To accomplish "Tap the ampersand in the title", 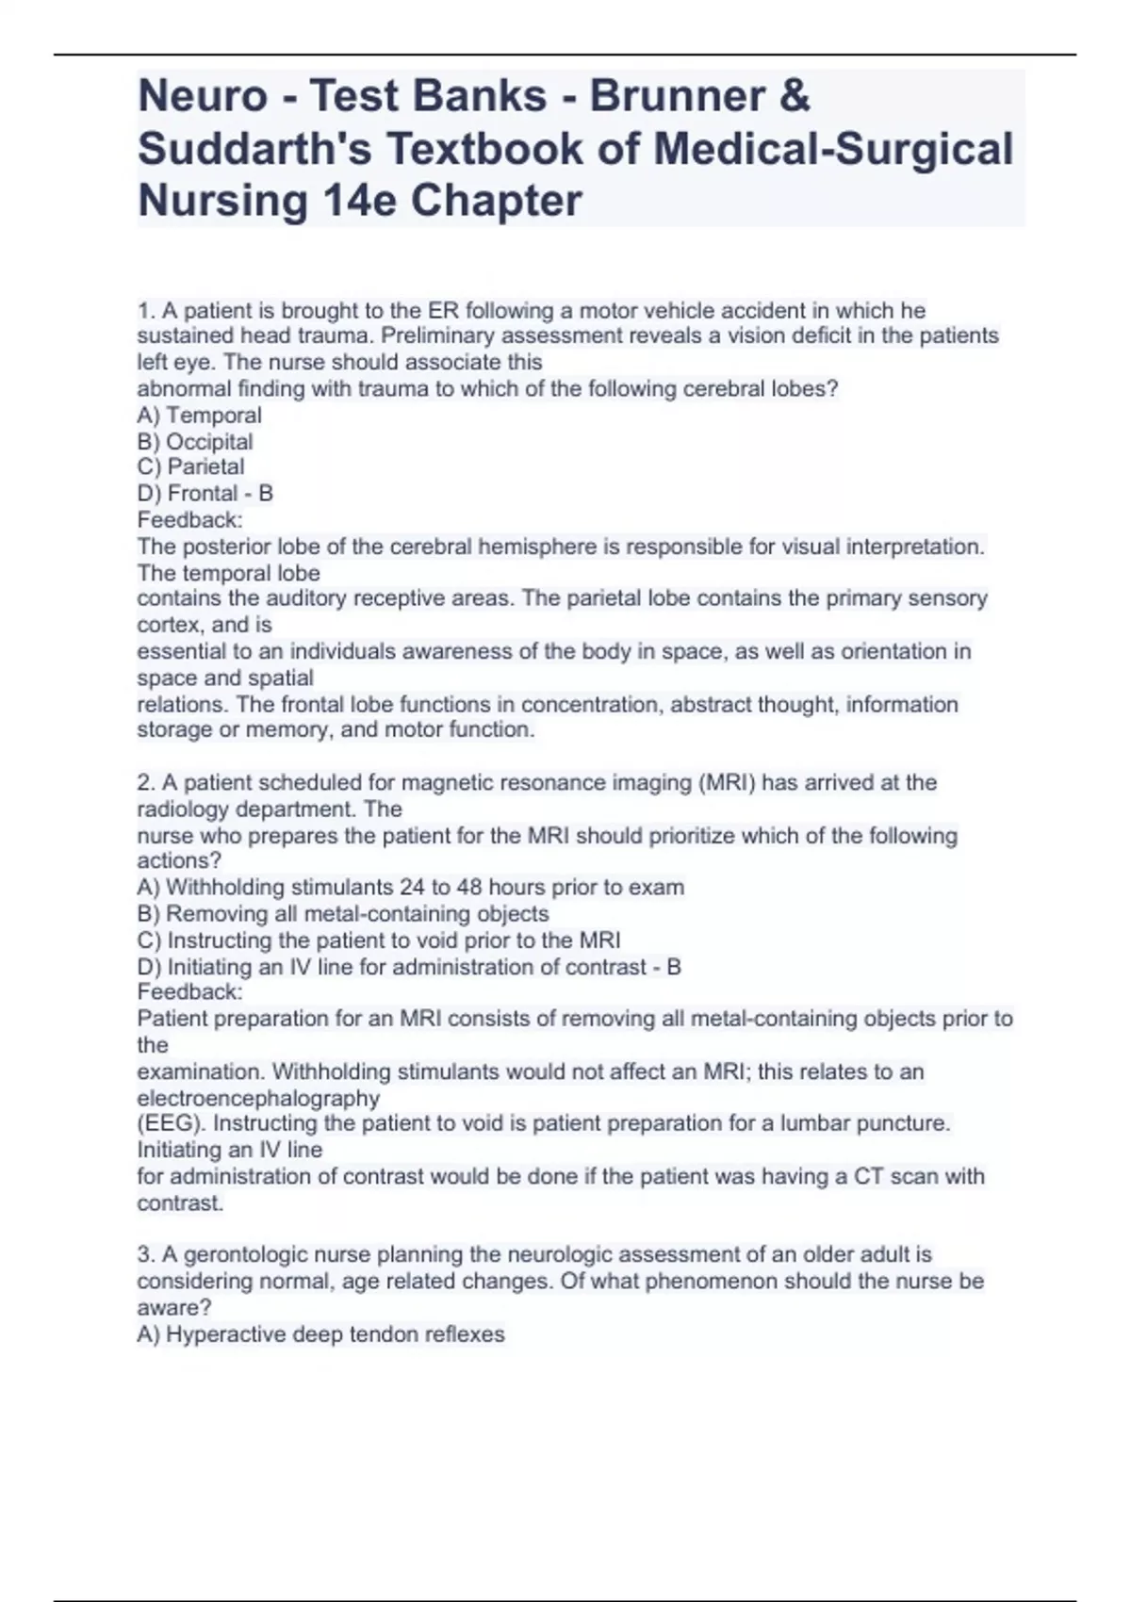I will tap(795, 96).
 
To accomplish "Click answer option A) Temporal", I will tap(199, 415).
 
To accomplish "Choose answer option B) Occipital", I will tap(195, 441).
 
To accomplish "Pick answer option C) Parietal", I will tap(190, 466).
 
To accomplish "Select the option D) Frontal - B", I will tap(205, 493).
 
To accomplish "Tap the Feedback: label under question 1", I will tap(189, 519).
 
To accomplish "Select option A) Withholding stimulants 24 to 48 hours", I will tap(410, 887).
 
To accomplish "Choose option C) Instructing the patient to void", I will tap(378, 940).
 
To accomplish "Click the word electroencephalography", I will tap(258, 1098).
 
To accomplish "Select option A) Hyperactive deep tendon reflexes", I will tap(320, 1333).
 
